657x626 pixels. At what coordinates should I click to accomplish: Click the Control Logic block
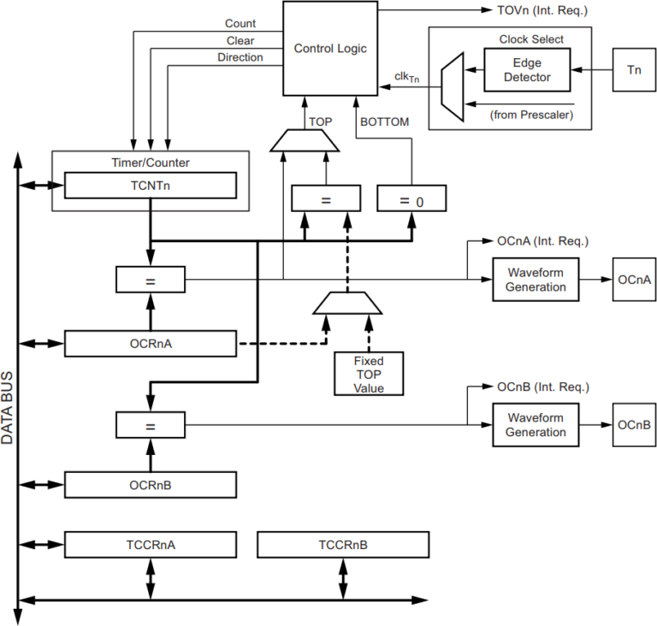(x=330, y=48)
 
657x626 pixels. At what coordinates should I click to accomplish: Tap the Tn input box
(x=634, y=70)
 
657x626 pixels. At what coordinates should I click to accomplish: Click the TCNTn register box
(x=151, y=186)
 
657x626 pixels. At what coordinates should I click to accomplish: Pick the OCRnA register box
(x=151, y=344)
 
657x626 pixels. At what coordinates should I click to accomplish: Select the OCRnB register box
(x=151, y=485)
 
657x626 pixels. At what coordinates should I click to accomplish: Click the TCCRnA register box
(x=151, y=545)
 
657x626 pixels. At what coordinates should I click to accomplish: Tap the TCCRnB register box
(x=342, y=545)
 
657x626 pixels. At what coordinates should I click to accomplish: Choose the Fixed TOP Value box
(x=369, y=374)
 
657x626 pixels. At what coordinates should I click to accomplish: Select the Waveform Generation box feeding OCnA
(x=536, y=279)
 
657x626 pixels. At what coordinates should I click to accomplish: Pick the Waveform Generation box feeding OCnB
(x=536, y=425)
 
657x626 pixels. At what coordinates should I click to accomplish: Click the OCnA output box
(x=634, y=280)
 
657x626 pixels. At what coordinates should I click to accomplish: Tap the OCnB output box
(x=634, y=425)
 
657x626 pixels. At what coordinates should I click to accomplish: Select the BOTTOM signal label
(x=384, y=121)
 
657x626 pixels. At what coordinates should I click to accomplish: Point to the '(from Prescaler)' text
(x=531, y=114)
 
